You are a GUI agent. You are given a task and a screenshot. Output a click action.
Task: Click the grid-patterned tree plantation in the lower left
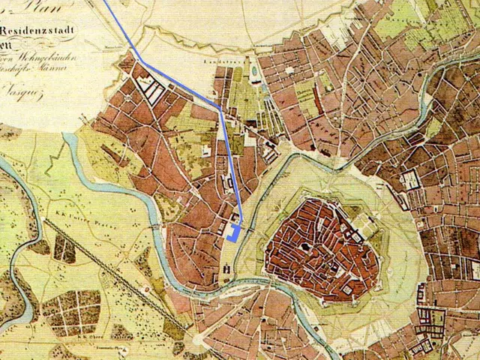70,312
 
